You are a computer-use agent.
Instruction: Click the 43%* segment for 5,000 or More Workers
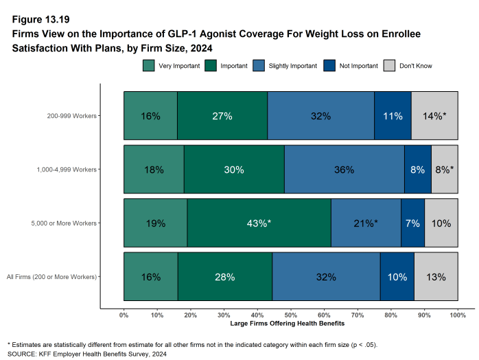tap(259, 223)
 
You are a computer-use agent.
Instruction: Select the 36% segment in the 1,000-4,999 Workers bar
tap(344, 169)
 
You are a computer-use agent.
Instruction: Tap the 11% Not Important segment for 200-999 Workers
tap(393, 116)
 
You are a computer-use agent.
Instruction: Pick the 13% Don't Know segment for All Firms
tap(436, 276)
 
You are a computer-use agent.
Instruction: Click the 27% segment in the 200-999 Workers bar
tap(222, 116)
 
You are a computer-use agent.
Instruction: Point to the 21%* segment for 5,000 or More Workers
tap(366, 223)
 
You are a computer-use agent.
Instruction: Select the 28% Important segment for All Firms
tap(224, 276)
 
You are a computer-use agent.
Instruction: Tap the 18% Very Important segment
tap(154, 169)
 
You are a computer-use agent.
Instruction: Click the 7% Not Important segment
tap(412, 223)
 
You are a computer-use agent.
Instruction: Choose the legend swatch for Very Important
tap(149, 66)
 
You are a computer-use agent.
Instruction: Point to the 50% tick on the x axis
tap(291, 315)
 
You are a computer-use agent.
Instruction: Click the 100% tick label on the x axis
tap(458, 315)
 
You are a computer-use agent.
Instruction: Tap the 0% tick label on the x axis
tap(124, 315)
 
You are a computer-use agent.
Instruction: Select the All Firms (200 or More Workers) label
tap(52, 276)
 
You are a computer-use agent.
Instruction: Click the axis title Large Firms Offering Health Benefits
tap(291, 323)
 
